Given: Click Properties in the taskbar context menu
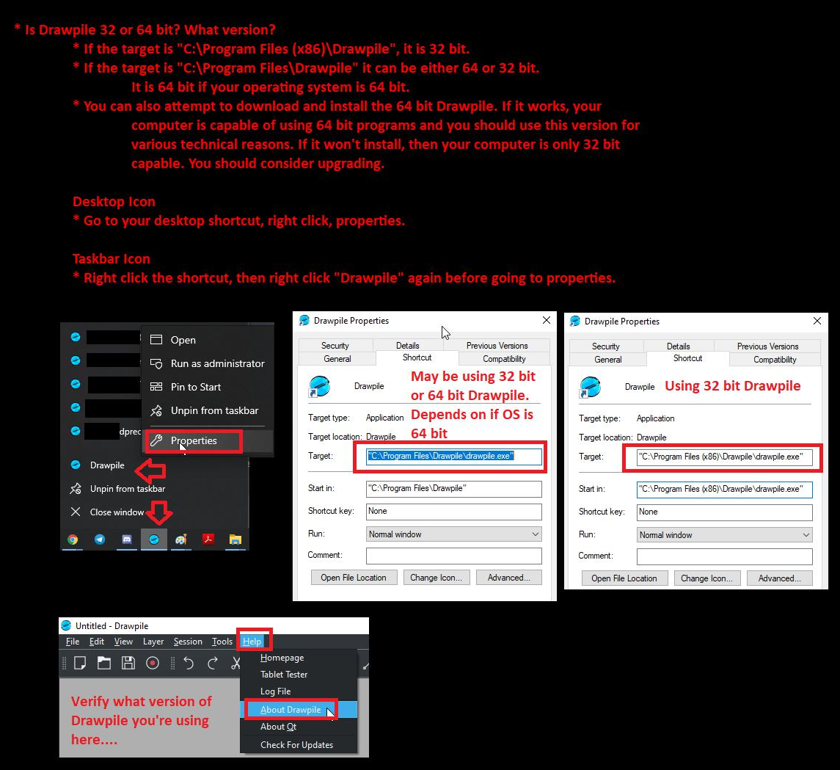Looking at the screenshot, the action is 194,440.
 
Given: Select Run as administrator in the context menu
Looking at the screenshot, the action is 217,363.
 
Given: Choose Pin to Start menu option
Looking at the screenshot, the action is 196,387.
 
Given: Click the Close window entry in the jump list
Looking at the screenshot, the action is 117,512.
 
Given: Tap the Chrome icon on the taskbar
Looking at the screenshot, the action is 73,540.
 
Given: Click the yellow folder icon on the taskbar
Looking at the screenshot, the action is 235,540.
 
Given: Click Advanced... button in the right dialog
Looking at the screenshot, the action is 779,578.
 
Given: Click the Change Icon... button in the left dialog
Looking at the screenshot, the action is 436,578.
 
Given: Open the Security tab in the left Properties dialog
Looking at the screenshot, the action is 335,346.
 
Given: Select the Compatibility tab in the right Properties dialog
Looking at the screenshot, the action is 775,360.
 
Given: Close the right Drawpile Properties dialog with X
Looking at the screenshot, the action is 817,321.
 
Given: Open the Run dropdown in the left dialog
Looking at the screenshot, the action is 454,534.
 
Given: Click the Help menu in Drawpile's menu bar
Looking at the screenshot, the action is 252,642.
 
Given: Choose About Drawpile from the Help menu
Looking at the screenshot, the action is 291,710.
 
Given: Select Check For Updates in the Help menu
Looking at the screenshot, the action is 297,745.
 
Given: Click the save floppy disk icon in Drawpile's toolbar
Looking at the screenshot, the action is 128,663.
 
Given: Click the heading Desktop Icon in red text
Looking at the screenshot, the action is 114,201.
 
